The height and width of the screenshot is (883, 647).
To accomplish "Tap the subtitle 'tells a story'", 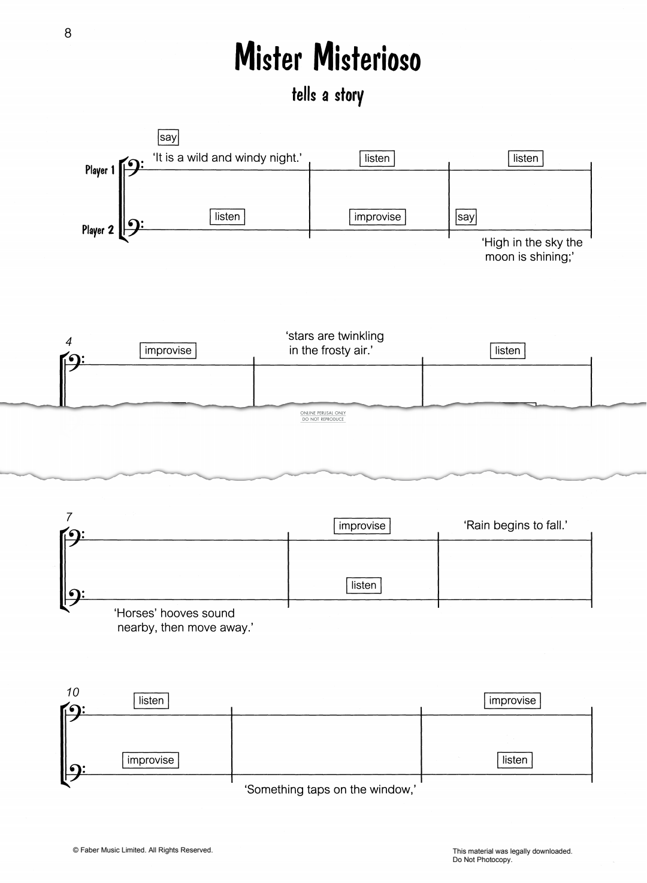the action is click(x=328, y=95).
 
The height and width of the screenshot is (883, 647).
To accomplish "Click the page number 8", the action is click(x=68, y=33).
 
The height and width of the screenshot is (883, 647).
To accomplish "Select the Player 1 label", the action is click(x=99, y=170).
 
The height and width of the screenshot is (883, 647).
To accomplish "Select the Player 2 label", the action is click(x=98, y=230).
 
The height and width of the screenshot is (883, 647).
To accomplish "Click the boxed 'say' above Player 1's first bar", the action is click(x=168, y=137).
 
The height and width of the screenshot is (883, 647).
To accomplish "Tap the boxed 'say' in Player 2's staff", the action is click(x=465, y=217).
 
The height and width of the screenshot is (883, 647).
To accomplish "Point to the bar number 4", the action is click(x=69, y=341).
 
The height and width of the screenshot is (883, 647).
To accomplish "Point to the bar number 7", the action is click(x=69, y=517).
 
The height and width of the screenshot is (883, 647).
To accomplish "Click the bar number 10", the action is click(x=72, y=692).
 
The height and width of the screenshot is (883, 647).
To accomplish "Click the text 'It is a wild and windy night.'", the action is click(x=228, y=158).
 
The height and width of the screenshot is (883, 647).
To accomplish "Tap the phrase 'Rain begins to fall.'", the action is click(x=515, y=525).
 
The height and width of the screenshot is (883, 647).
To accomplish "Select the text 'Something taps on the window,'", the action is click(x=330, y=789).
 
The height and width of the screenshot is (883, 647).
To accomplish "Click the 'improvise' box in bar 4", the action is click(x=168, y=351).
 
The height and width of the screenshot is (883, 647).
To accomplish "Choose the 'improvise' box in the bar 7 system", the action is click(x=362, y=526).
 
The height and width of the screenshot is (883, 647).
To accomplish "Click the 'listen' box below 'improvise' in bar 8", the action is click(x=364, y=585).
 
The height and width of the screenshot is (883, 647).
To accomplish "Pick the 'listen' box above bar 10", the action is click(x=152, y=701).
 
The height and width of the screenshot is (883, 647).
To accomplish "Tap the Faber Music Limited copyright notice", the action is click(x=143, y=850).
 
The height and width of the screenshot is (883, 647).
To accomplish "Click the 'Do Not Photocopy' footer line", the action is click(x=482, y=860).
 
